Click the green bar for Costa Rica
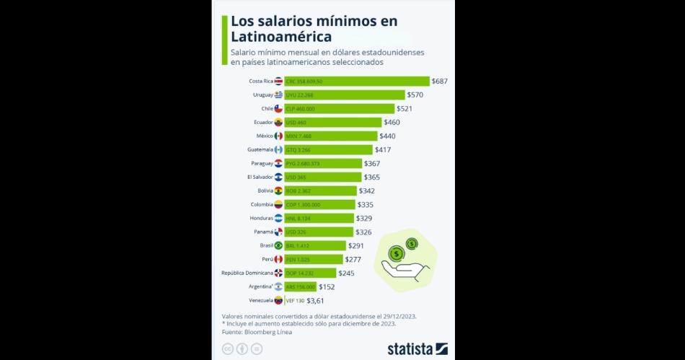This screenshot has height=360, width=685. [356, 82]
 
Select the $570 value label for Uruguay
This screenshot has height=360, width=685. [415, 95]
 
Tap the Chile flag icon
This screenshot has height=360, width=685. [278, 109]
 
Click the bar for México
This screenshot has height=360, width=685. [330, 136]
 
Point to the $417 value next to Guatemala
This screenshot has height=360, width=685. [383, 150]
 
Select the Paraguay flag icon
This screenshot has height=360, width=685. [278, 164]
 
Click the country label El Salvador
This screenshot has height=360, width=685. [259, 177]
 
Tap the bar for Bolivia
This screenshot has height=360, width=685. [320, 191]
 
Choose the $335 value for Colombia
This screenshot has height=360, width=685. [367, 205]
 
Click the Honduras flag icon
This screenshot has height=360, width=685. [278, 218]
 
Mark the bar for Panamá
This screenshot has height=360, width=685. [319, 232]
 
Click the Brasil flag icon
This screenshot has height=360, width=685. [278, 246]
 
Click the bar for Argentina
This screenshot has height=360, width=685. [300, 287]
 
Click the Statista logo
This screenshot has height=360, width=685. [417, 349]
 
